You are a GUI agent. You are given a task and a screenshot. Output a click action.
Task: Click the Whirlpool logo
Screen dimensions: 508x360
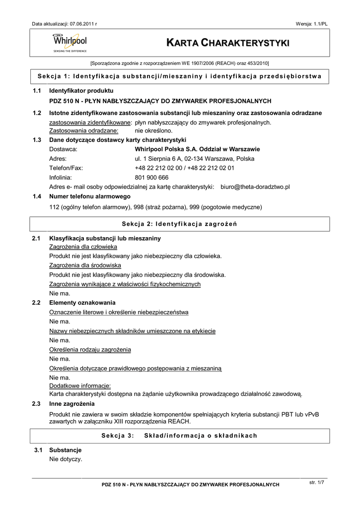tap(70, 43)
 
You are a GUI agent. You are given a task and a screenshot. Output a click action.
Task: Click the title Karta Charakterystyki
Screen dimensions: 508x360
tap(228, 44)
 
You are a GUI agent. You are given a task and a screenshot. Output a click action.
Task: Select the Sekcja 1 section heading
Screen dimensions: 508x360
tap(179, 76)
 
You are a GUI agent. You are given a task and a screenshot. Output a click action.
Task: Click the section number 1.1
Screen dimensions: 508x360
tap(36, 91)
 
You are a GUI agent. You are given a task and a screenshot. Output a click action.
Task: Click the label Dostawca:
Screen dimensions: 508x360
tap(63, 149)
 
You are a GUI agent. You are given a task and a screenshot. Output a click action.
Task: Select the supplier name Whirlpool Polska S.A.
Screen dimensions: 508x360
tap(197, 149)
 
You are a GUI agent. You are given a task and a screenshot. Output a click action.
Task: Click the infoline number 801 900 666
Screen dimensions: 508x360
tap(151, 178)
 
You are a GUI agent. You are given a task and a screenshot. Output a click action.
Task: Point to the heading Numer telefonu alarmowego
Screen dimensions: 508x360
tap(90, 196)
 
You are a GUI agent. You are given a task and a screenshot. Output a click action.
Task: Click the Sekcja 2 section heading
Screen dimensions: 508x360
tap(179, 224)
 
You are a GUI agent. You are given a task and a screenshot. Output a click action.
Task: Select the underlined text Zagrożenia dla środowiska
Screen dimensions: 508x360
tap(82, 265)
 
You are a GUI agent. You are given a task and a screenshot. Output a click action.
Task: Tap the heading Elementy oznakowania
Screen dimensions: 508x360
tap(82, 303)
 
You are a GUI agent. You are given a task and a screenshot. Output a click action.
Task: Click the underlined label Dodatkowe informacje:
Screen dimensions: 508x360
tap(80, 386)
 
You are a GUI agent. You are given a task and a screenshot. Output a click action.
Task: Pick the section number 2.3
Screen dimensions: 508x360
tap(36, 404)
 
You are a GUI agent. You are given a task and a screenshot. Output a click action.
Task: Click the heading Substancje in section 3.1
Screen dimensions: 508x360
tap(66, 450)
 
